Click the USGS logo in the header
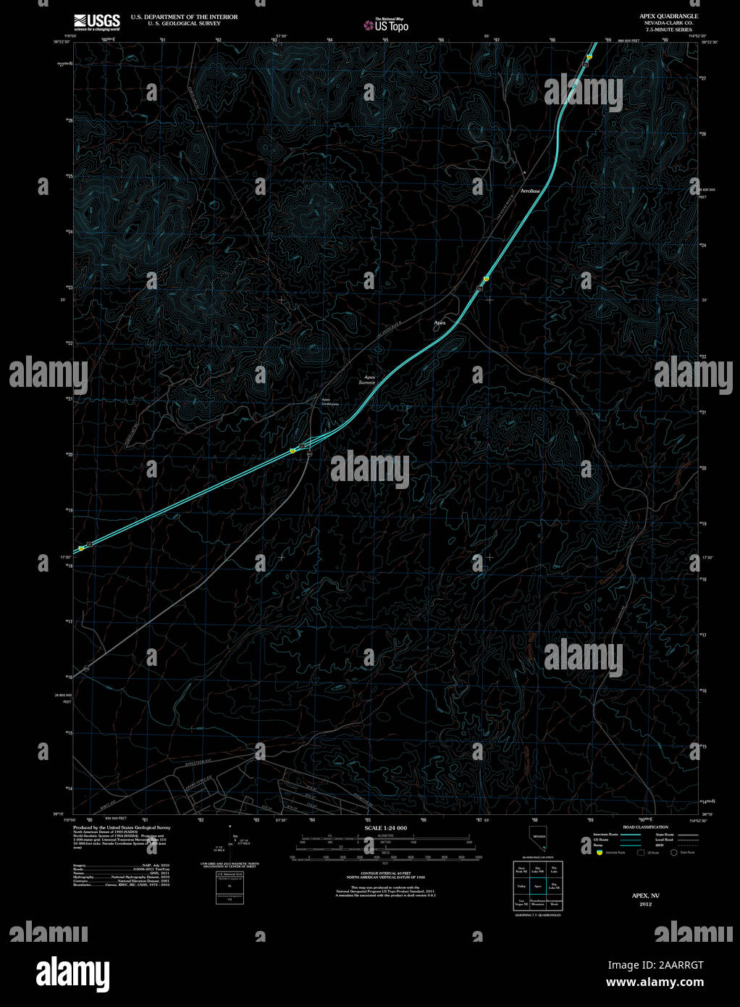(96, 21)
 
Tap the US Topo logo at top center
(386, 25)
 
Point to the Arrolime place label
(530, 191)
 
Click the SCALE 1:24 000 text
(385, 828)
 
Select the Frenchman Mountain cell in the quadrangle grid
(537, 903)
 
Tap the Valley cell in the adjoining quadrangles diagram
(521, 885)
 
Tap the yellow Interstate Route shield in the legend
(598, 853)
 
